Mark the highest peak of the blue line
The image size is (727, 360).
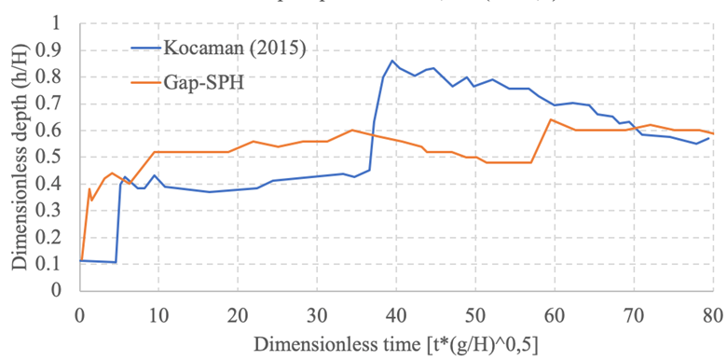[392, 61]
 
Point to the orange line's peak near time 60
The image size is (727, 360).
[551, 119]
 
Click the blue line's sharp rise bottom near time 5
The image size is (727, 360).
[116, 262]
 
